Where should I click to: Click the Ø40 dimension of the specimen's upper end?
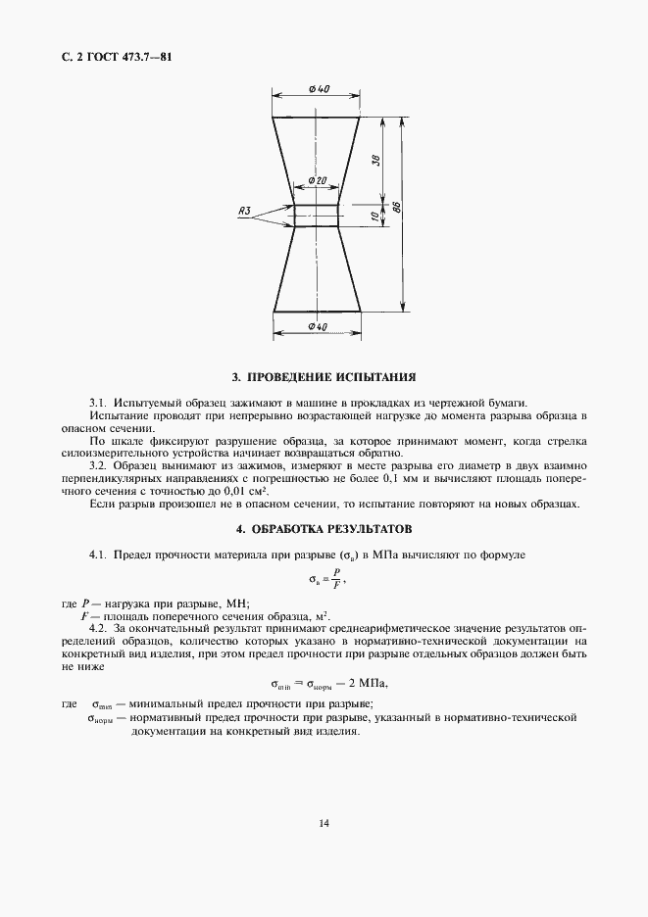[x=317, y=89]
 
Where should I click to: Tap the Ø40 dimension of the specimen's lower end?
[x=317, y=325]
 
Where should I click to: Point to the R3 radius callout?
[x=245, y=211]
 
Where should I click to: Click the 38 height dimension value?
[x=376, y=161]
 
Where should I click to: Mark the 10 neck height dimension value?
[x=376, y=214]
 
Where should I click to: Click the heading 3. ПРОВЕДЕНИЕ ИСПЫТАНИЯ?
[x=324, y=376]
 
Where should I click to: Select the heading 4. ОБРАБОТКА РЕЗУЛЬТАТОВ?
[x=324, y=529]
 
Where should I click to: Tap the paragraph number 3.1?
[x=98, y=402]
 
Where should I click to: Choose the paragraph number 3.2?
[x=98, y=465]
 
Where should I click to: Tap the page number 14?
[x=324, y=823]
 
